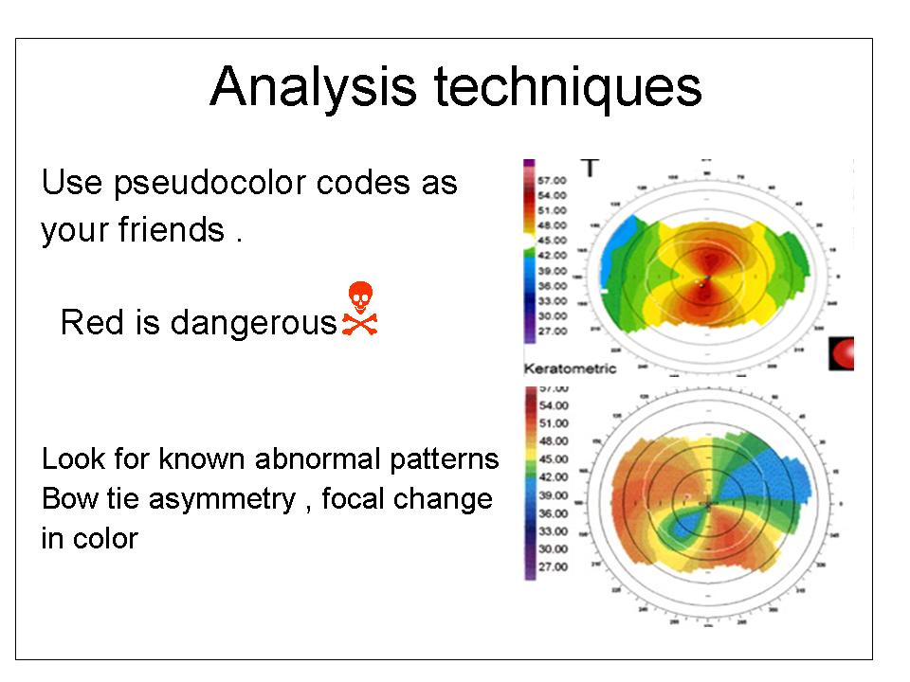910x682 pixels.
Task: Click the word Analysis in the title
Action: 313,88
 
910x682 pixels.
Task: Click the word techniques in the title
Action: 568,88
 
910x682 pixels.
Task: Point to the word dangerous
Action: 254,323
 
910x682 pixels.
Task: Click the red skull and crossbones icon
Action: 358,308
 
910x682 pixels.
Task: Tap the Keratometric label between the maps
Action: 570,368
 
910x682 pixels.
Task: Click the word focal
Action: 356,499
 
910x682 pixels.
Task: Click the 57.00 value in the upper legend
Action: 552,180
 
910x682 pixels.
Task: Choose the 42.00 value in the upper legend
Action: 552,256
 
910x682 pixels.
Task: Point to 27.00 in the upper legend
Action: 552,332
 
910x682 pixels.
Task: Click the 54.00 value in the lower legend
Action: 553,405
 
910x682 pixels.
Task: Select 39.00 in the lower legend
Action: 553,495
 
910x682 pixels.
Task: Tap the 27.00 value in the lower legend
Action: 553,567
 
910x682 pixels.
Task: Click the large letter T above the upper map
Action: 591,169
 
